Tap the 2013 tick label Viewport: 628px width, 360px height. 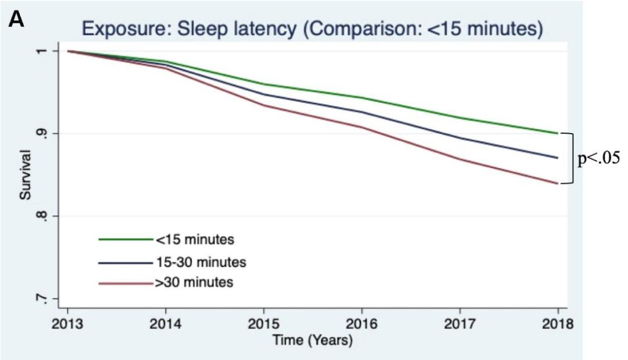(x=67, y=324)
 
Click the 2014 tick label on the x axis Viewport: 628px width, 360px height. (x=166, y=324)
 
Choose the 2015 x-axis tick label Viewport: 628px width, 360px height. (x=264, y=324)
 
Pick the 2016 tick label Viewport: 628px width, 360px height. (x=362, y=324)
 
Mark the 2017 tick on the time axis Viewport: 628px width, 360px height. (x=460, y=324)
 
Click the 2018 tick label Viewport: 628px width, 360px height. (x=558, y=324)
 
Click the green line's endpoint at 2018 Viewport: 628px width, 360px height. (x=558, y=133)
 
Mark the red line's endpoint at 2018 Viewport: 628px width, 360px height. (x=558, y=183)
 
